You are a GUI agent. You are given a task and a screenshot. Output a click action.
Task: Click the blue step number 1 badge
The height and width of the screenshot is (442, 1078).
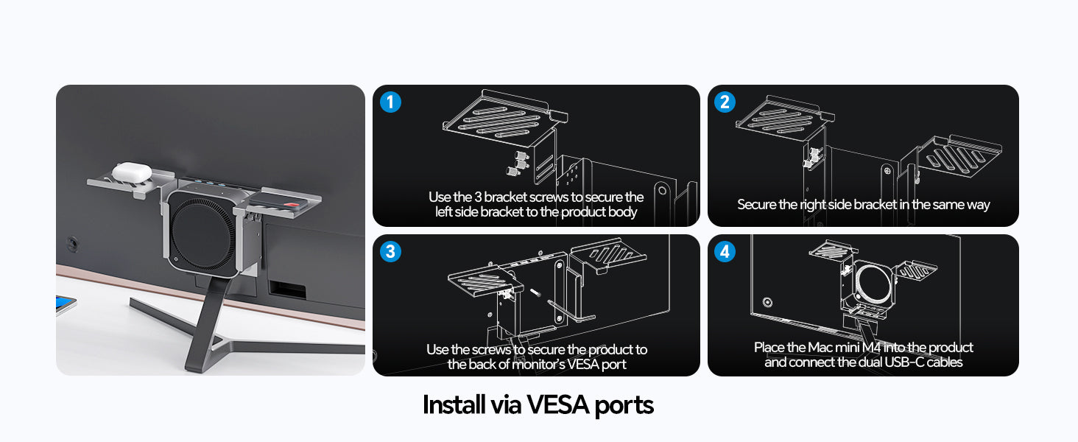pos(390,102)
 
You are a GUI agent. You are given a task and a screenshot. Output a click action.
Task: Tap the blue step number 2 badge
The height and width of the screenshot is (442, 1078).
pos(725,102)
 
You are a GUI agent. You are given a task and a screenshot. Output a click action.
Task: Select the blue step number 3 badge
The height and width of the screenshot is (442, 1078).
pos(390,251)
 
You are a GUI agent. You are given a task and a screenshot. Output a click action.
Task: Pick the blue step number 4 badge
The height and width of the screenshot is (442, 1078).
pos(725,251)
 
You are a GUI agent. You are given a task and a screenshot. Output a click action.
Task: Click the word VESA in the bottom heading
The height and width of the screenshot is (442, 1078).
pos(557,404)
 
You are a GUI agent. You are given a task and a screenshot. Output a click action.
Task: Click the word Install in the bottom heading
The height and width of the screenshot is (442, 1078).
pos(454,404)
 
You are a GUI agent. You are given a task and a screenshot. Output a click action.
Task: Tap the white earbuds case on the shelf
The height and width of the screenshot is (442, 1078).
pos(132,172)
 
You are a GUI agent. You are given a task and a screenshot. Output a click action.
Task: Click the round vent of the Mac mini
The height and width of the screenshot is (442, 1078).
pos(202,232)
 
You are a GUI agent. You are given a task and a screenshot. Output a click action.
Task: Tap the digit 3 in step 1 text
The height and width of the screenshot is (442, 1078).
pos(478,197)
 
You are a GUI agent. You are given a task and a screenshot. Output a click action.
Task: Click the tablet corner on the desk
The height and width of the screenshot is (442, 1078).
pos(66,305)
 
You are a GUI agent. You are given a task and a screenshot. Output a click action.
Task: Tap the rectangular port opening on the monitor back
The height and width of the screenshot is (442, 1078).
pos(287,289)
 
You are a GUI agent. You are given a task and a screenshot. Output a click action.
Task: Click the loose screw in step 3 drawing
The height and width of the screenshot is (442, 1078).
pos(535,292)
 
